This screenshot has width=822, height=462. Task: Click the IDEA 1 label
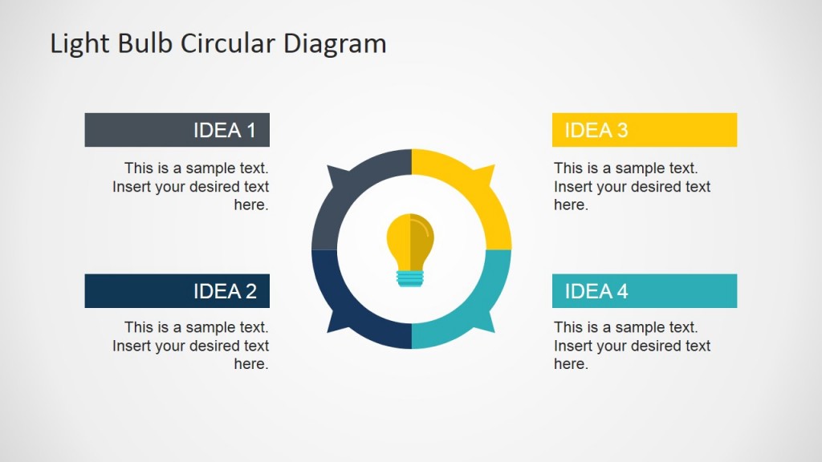pyautogui.click(x=224, y=130)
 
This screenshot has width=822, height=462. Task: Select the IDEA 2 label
pyautogui.click(x=225, y=291)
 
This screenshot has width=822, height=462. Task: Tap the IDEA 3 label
pyautogui.click(x=596, y=130)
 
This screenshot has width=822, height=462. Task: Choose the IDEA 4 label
pyautogui.click(x=596, y=291)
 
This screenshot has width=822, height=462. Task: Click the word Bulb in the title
pyautogui.click(x=145, y=43)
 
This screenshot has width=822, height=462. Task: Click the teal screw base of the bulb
pyautogui.click(x=410, y=278)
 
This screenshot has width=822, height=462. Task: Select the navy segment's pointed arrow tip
pyautogui.click(x=328, y=330)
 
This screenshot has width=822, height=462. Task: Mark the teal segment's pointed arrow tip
pyautogui.click(x=493, y=330)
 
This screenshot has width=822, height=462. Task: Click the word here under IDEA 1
pyautogui.click(x=250, y=205)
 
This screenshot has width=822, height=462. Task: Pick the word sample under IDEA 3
pyautogui.click(x=636, y=168)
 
